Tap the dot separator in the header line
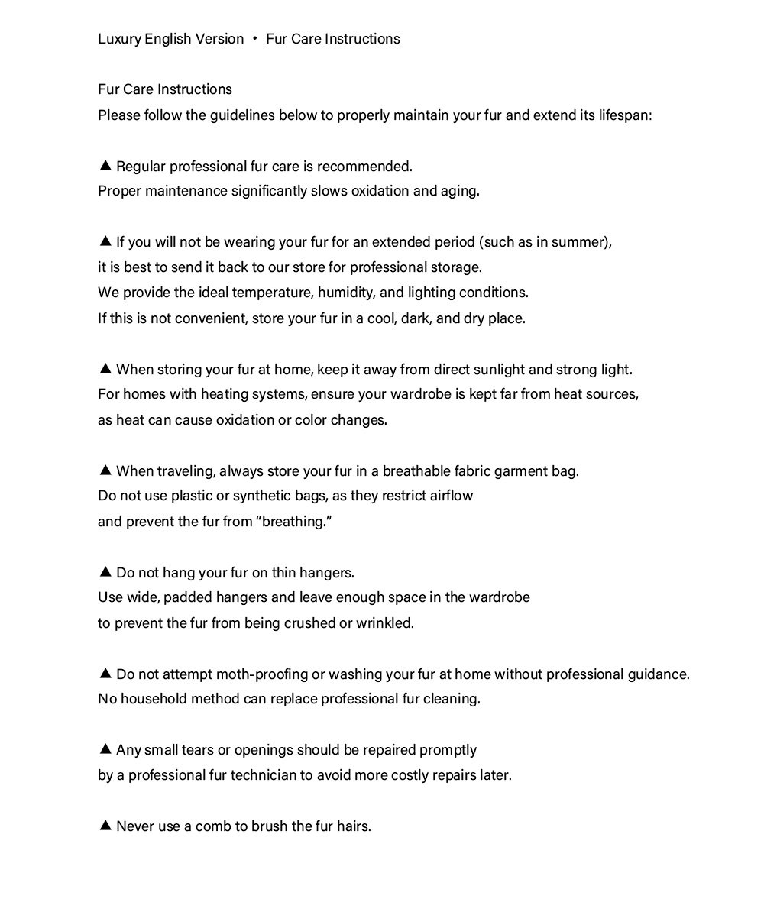(254, 39)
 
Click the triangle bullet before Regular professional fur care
(105, 166)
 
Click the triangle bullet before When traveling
(105, 470)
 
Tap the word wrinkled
(384, 623)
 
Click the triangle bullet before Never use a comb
(105, 826)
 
